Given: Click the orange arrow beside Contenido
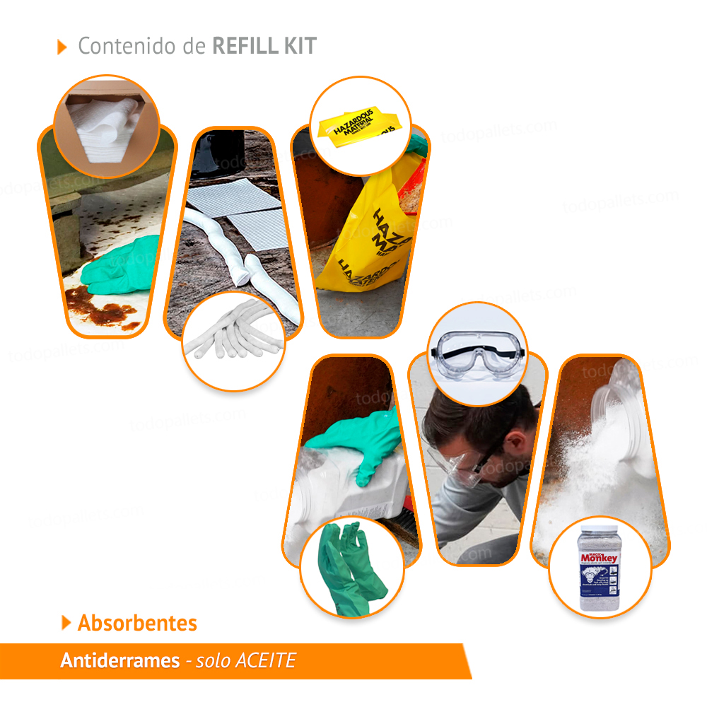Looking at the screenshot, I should click(62, 47).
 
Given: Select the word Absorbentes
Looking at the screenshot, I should click(137, 623).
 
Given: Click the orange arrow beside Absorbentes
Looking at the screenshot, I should click(66, 623).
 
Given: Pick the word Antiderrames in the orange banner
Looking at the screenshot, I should click(119, 661).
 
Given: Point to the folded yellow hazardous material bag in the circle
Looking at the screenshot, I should click(361, 127).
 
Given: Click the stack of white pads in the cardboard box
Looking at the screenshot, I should click(107, 127).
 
